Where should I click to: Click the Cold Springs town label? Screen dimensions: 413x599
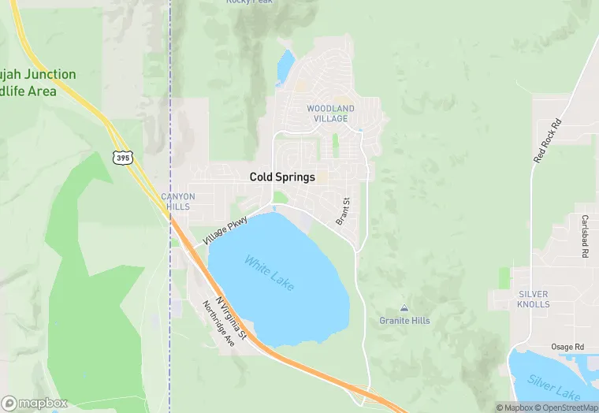click(282, 177)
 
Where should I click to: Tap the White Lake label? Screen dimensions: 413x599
click(269, 273)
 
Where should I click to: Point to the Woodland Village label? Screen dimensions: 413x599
click(330, 113)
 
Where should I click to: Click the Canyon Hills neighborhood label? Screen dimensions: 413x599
click(177, 201)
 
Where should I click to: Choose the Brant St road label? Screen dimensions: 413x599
click(343, 212)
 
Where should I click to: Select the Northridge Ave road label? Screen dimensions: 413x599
click(218, 324)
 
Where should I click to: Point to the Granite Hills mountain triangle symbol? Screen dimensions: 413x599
click(404, 308)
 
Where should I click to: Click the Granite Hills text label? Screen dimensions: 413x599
click(404, 321)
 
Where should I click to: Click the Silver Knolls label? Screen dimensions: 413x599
click(534, 300)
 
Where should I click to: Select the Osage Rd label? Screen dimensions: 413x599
click(567, 348)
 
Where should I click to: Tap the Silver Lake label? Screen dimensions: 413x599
click(553, 389)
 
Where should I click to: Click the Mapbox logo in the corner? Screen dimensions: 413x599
click(35, 403)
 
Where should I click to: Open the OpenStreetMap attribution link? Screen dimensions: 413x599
click(565, 407)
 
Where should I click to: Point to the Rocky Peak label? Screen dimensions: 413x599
click(249, 2)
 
